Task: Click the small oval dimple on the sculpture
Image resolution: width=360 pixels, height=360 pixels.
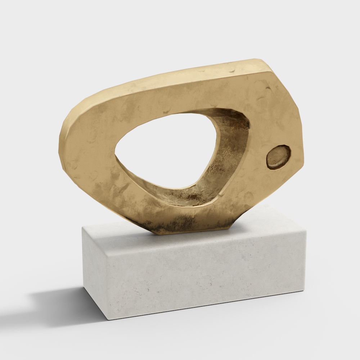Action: point(278,157)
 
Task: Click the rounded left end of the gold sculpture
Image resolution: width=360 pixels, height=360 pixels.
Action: point(65,144)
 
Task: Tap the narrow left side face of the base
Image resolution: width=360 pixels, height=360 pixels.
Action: point(92,270)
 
